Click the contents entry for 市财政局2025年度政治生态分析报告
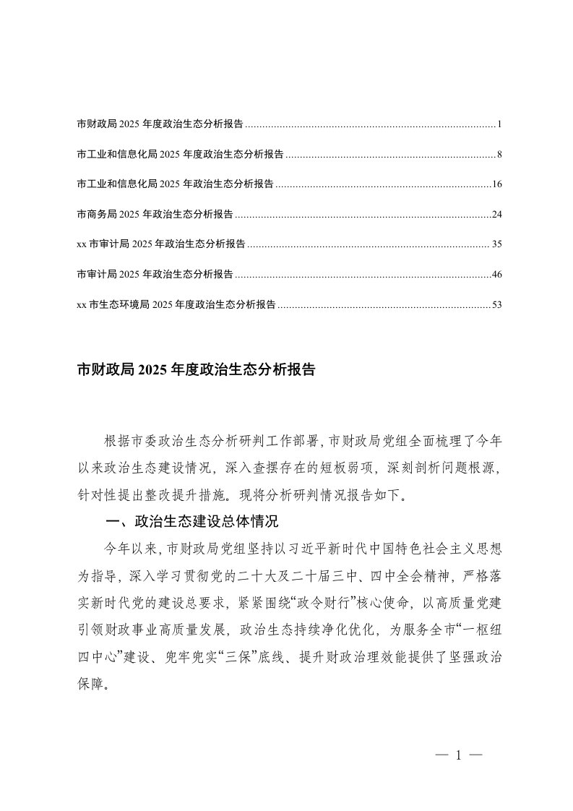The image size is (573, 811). coord(160,124)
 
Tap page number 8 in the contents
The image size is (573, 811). coord(499,155)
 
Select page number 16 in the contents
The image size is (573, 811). coord(496,184)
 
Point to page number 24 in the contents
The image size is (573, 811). coord(496,215)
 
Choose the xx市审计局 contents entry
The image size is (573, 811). coord(160,244)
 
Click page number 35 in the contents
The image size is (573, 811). coord(496,244)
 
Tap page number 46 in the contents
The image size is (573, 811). coord(496,275)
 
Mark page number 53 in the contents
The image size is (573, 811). coord(496,304)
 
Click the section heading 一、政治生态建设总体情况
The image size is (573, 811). coord(191,522)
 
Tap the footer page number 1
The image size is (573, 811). coord(458,755)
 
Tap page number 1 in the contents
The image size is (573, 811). coord(499,124)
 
